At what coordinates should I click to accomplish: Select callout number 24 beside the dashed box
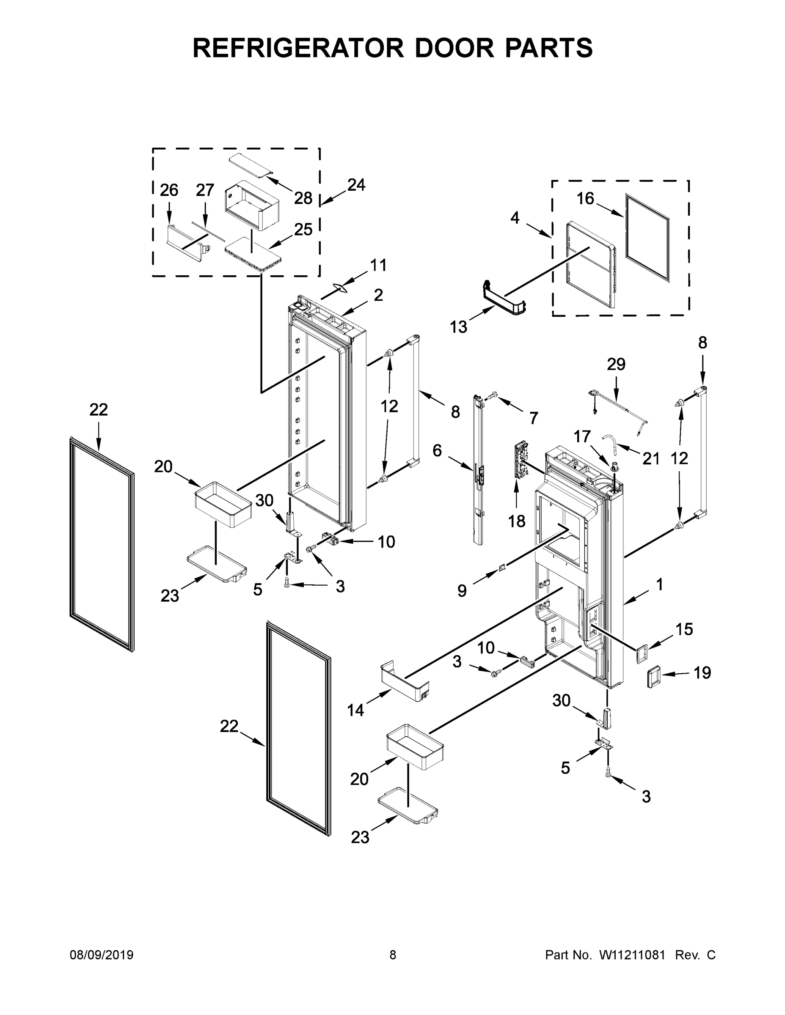tap(356, 185)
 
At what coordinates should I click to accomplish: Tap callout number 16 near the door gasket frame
tap(585, 199)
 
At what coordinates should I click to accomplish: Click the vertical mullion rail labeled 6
tap(479, 469)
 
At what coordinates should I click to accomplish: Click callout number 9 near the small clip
tap(461, 591)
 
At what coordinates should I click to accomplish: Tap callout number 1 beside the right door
tap(659, 584)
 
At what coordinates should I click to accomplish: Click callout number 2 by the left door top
tap(377, 295)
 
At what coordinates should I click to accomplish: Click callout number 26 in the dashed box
tap(169, 190)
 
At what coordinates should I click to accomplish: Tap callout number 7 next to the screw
tap(533, 418)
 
